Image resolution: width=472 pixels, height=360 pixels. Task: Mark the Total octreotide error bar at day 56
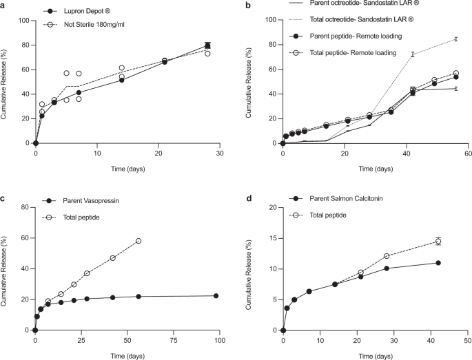coord(455,39)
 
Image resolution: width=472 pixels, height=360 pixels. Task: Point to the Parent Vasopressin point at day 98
coord(216,296)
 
